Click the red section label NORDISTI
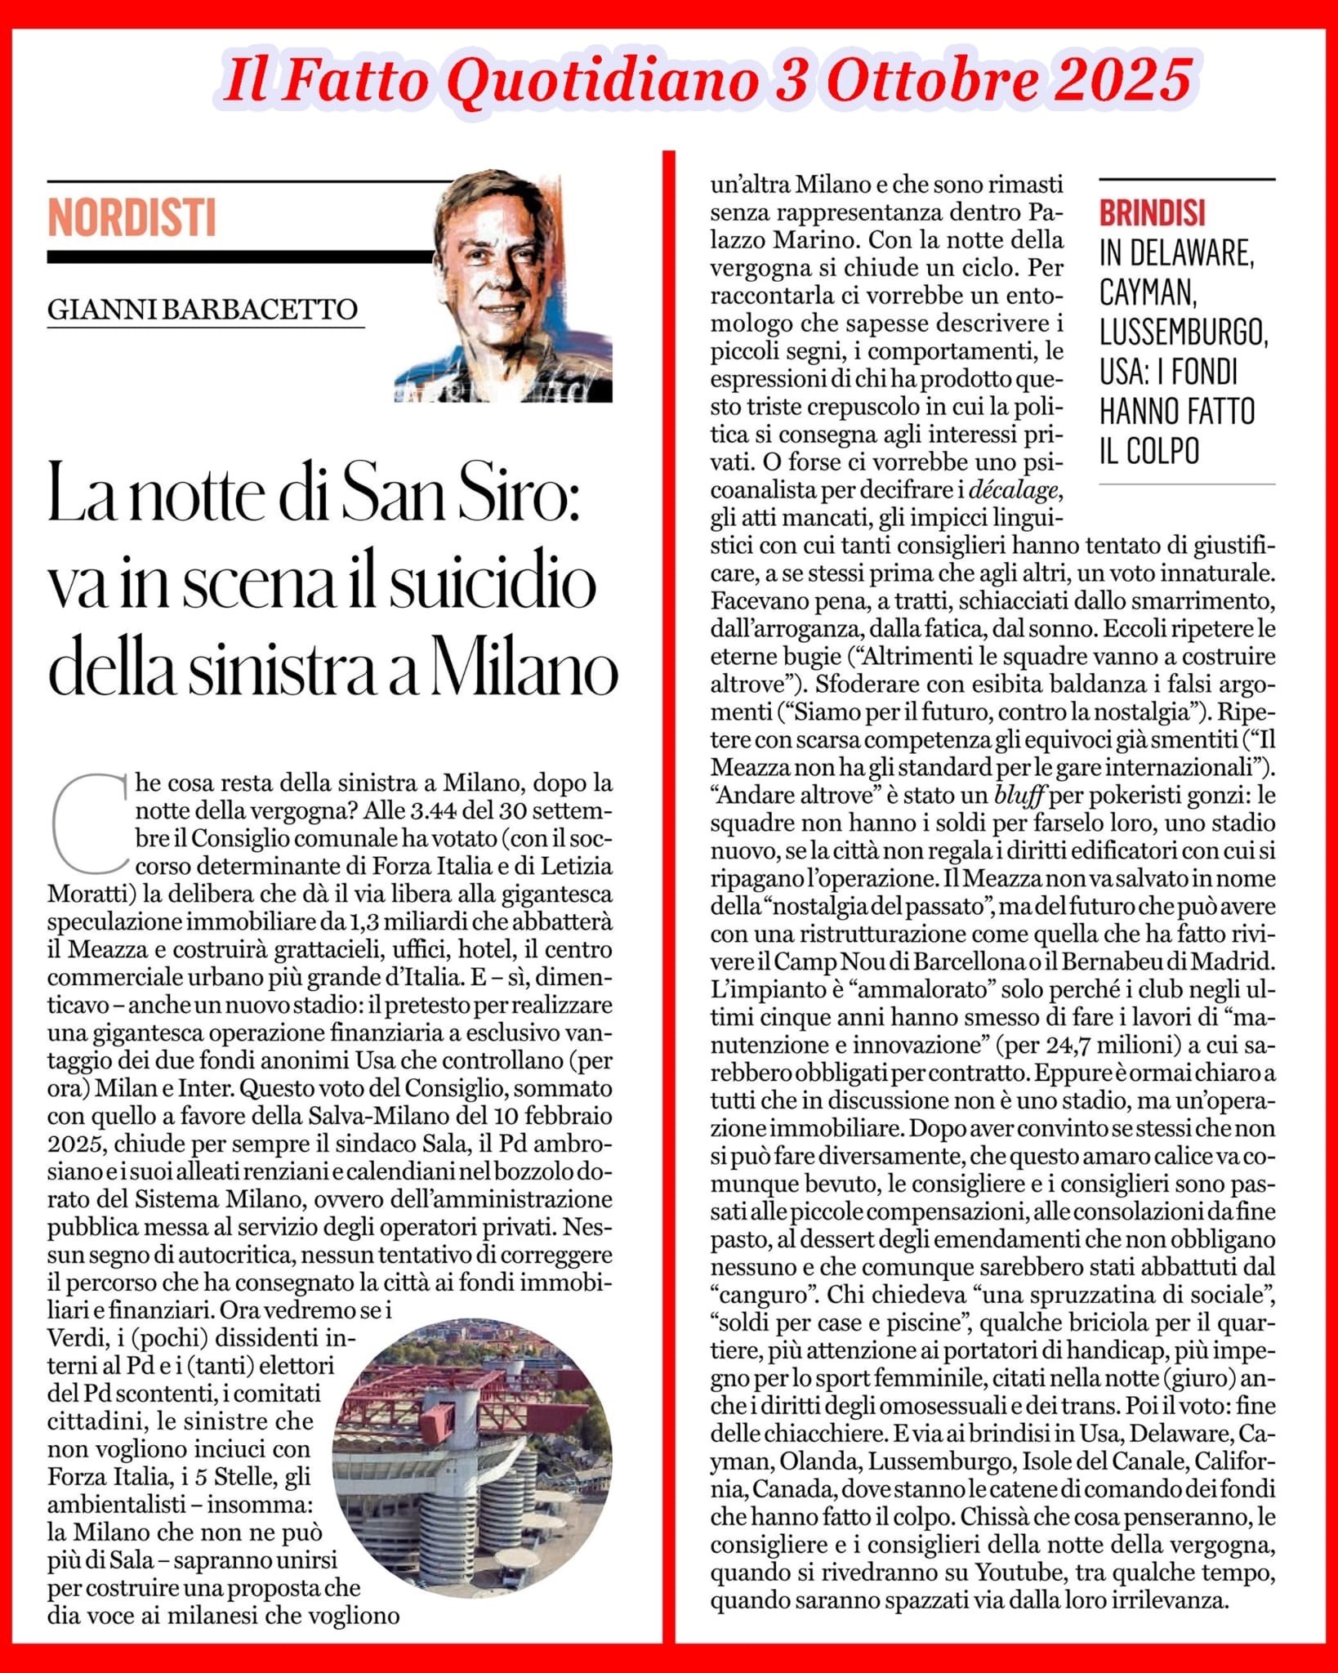pos(132,216)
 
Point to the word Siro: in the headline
pos(527,499)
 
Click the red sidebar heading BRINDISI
pos(1152,213)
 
